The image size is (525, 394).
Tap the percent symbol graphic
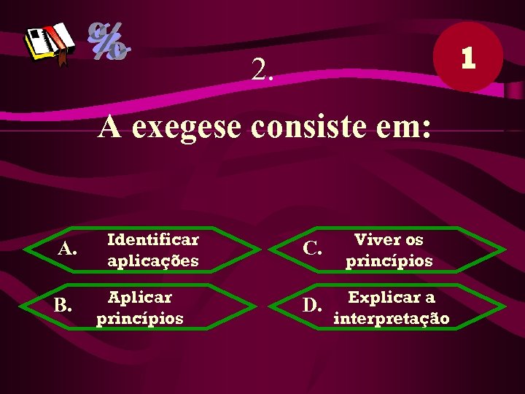(109, 40)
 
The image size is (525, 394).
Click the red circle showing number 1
(467, 57)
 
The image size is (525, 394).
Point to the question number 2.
(262, 70)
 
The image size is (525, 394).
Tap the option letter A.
(67, 250)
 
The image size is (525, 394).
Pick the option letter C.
(311, 249)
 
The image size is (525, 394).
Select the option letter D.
(312, 304)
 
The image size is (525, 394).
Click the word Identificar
(153, 239)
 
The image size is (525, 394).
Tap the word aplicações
(153, 260)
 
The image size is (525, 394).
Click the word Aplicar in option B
(140, 297)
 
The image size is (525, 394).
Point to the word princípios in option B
(140, 319)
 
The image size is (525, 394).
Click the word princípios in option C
(389, 260)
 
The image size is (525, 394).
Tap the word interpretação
(392, 319)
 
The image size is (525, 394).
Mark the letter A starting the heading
(110, 126)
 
